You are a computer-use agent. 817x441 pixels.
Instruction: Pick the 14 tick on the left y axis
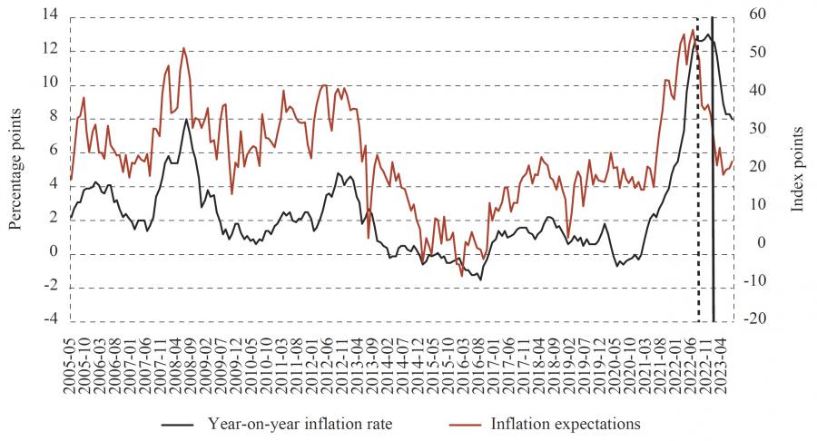(50, 15)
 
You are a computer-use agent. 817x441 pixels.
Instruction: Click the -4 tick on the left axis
(52, 320)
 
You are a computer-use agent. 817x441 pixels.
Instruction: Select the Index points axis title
(798, 169)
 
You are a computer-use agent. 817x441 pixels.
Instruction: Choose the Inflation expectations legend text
(566, 423)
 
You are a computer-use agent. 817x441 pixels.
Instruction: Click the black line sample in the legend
(179, 424)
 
